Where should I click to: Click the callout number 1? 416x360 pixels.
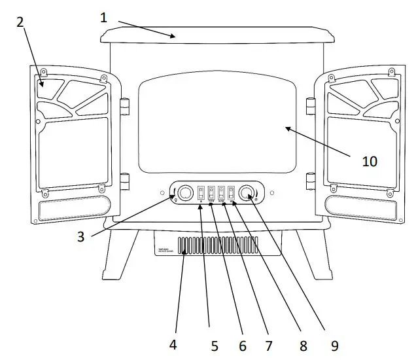pyautogui.click(x=104, y=17)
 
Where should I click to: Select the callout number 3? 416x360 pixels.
pyautogui.click(x=80, y=237)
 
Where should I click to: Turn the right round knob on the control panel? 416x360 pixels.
pyautogui.click(x=247, y=193)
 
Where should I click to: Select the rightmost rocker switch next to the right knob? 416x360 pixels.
pyautogui.click(x=231, y=193)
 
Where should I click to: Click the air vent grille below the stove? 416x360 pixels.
pyautogui.click(x=199, y=245)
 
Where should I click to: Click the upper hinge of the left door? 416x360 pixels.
pyautogui.click(x=123, y=105)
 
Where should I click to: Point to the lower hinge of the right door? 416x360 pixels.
pyautogui.click(x=311, y=179)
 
